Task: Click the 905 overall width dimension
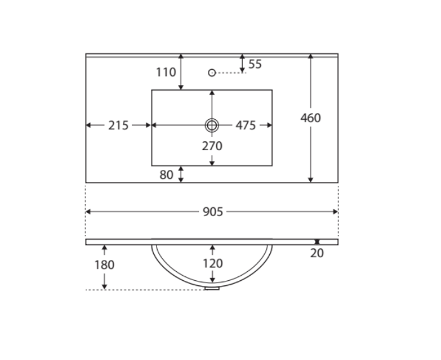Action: click(x=213, y=212)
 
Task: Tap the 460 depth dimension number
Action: click(x=310, y=118)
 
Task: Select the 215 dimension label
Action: click(x=118, y=125)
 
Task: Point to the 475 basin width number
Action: click(x=246, y=125)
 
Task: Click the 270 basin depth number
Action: click(x=212, y=146)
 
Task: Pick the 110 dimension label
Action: click(x=166, y=72)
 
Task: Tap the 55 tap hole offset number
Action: click(x=255, y=64)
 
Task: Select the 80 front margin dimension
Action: click(x=166, y=175)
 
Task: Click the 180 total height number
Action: click(x=104, y=265)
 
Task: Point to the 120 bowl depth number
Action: click(x=213, y=264)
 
